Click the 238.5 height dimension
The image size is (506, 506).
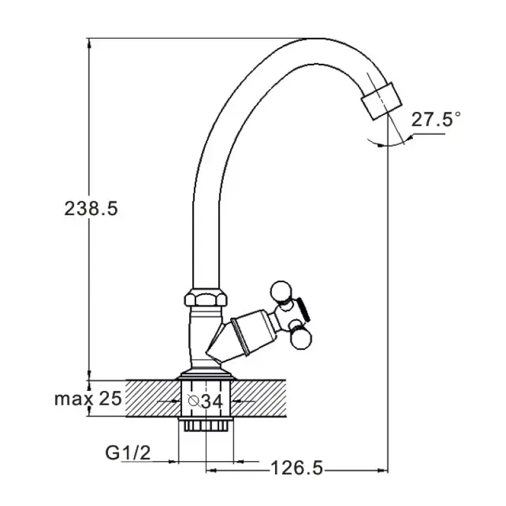91,209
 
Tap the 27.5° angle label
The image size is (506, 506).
436,120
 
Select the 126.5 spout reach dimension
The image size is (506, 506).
297,468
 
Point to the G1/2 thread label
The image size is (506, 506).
128,452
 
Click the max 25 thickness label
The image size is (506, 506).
88,398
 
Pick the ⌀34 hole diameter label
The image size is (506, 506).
205,401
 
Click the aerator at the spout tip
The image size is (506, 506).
381,101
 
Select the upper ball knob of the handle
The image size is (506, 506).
281,292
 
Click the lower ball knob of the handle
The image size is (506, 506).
302,338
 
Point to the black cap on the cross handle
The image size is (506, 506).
304,309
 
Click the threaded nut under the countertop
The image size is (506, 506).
205,424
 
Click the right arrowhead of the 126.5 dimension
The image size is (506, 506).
383,471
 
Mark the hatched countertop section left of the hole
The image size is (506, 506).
153,398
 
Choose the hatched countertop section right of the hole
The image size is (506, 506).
258,398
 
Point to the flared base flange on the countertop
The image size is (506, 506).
205,374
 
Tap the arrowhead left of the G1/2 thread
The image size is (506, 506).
173,462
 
